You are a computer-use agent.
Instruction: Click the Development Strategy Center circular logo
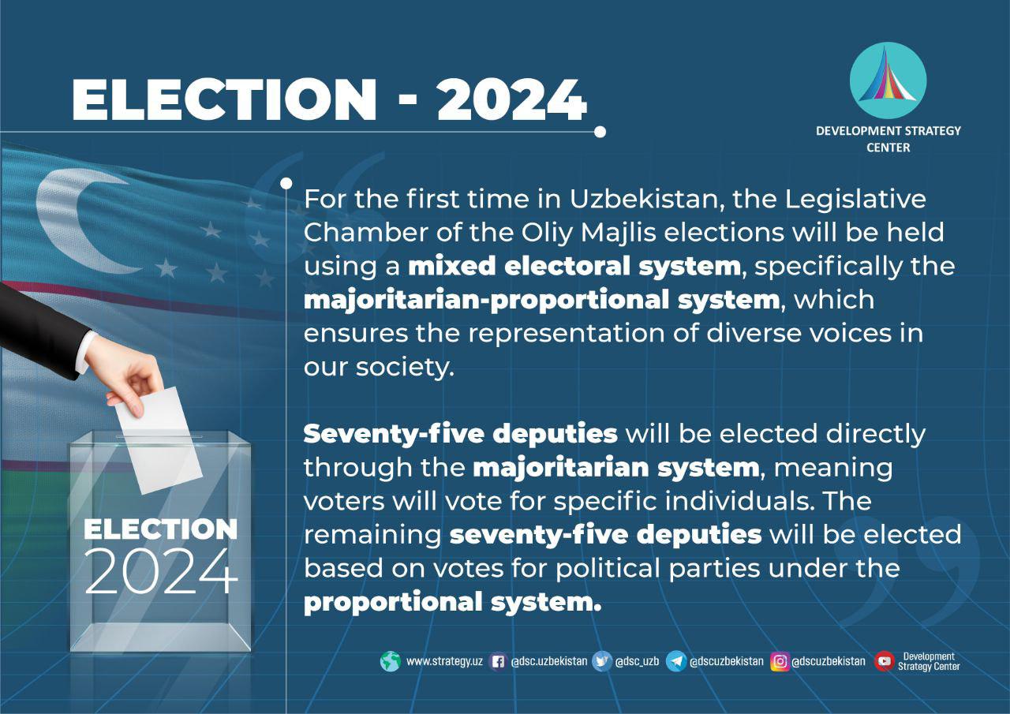[888, 80]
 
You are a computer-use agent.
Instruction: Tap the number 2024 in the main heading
[512, 99]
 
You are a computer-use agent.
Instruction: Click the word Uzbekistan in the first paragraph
[643, 199]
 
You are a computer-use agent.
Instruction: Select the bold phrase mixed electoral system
[574, 266]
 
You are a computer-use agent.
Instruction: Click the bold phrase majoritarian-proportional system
[542, 301]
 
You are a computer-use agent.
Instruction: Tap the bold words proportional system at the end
[453, 602]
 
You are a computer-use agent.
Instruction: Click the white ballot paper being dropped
[159, 440]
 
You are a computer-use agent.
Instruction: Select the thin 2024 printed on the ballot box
[161, 571]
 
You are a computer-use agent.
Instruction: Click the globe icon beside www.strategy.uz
[390, 661]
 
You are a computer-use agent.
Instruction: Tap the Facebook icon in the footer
[498, 662]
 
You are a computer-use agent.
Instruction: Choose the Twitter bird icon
[601, 661]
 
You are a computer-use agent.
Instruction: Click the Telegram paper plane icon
[676, 661]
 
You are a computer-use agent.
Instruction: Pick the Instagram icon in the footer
[780, 661]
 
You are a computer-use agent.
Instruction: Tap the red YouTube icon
[885, 661]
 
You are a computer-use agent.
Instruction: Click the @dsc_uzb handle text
[637, 661]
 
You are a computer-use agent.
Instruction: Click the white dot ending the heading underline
[600, 132]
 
